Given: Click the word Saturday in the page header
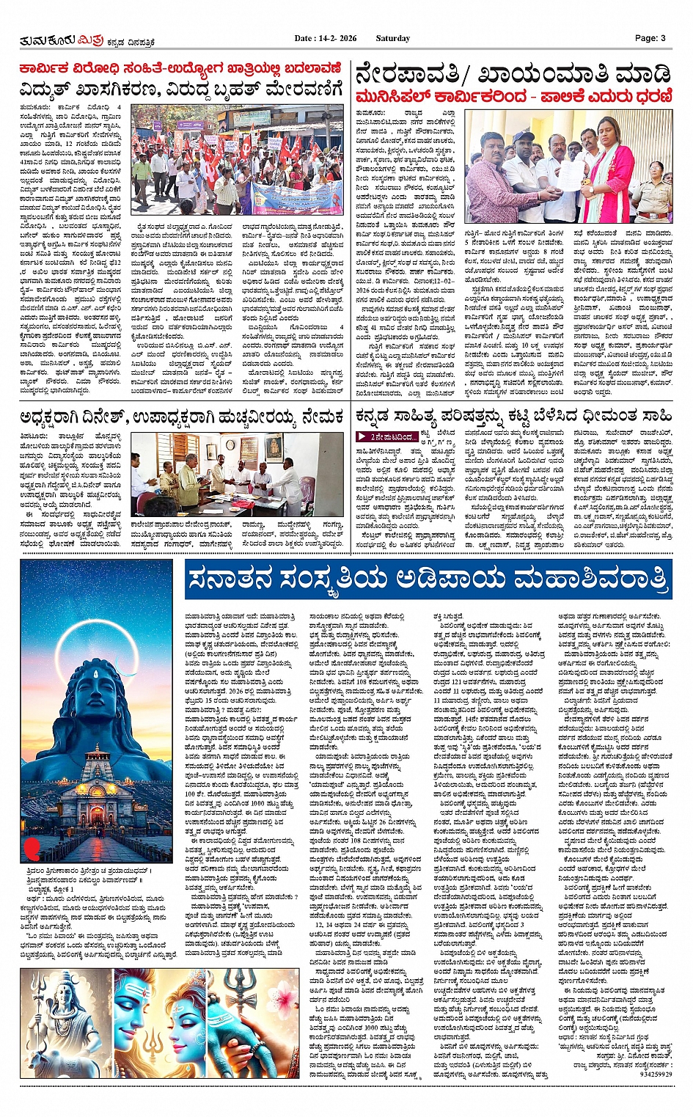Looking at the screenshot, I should (392, 38).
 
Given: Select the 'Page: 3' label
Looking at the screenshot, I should (650, 38).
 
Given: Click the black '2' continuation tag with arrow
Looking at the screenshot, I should (393, 437).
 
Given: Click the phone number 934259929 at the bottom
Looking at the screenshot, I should (656, 1074).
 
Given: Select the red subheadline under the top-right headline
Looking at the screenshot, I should (513, 97).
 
